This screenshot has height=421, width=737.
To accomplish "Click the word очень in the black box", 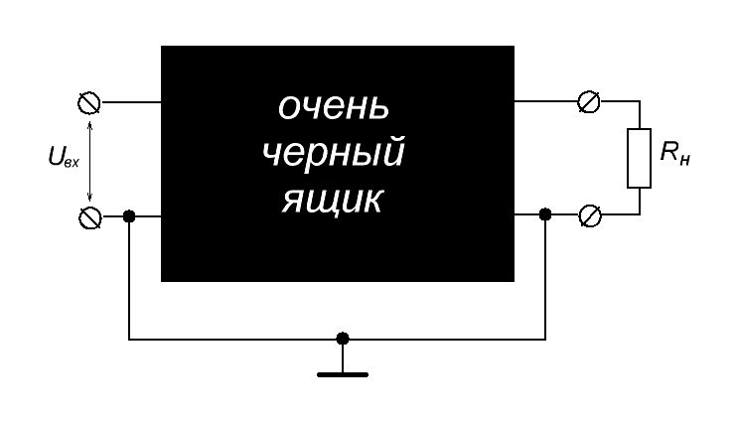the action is pyautogui.click(x=334, y=107).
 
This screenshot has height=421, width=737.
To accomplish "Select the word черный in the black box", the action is pyautogui.click(x=334, y=153).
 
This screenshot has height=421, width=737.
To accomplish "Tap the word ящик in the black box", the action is pyautogui.click(x=332, y=201).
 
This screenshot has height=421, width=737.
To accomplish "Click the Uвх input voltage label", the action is pyautogui.click(x=64, y=156).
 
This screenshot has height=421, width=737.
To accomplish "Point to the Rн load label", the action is pyautogui.click(x=675, y=153).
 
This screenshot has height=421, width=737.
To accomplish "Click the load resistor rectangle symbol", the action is pyautogui.click(x=640, y=158).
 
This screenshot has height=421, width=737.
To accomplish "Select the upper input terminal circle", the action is pyautogui.click(x=88, y=103).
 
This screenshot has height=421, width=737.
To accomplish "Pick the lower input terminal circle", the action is pyautogui.click(x=89, y=217).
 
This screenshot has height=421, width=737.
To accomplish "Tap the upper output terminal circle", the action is pyautogui.click(x=588, y=101).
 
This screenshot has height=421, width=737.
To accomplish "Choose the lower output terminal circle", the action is pyautogui.click(x=589, y=215).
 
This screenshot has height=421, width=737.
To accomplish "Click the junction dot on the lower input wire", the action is pyautogui.click(x=129, y=216).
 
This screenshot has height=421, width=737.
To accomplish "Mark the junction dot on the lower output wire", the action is pyautogui.click(x=545, y=214).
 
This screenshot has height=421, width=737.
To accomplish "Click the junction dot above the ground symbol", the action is pyautogui.click(x=343, y=339).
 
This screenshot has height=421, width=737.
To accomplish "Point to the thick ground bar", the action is pyautogui.click(x=343, y=375).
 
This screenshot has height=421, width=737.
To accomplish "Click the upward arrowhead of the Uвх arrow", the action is pyautogui.click(x=89, y=123).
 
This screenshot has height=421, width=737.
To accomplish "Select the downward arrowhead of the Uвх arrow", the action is pyautogui.click(x=89, y=197).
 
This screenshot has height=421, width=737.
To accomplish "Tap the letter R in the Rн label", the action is pyautogui.click(x=668, y=151).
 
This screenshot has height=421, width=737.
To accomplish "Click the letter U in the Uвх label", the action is pyautogui.click(x=56, y=155).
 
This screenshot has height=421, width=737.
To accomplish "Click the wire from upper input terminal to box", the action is pyautogui.click(x=131, y=102).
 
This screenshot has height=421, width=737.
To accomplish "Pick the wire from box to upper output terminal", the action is pyautogui.click(x=545, y=101).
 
